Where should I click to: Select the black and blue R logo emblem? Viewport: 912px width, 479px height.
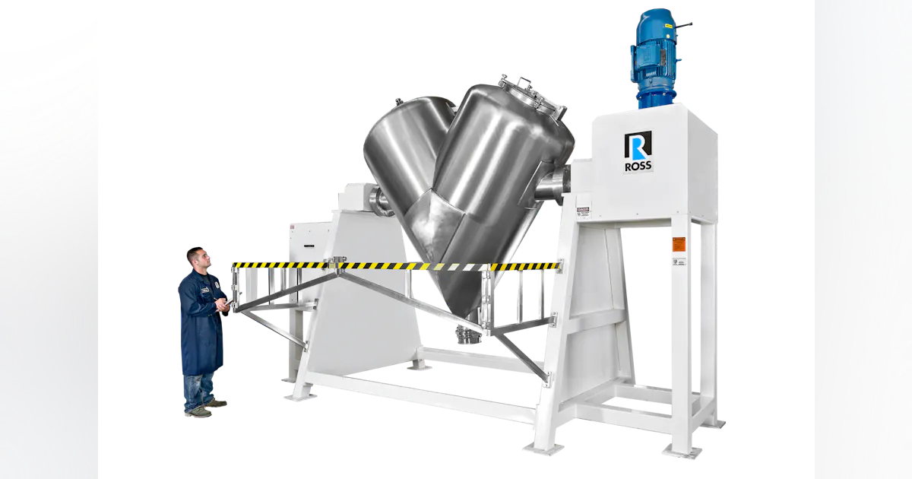click(x=638, y=145)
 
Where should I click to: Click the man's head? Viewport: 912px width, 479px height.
click(x=197, y=258)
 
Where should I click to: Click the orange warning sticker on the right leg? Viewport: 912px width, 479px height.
click(x=678, y=244)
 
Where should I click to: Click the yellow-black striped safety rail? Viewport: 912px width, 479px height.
click(x=395, y=266)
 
